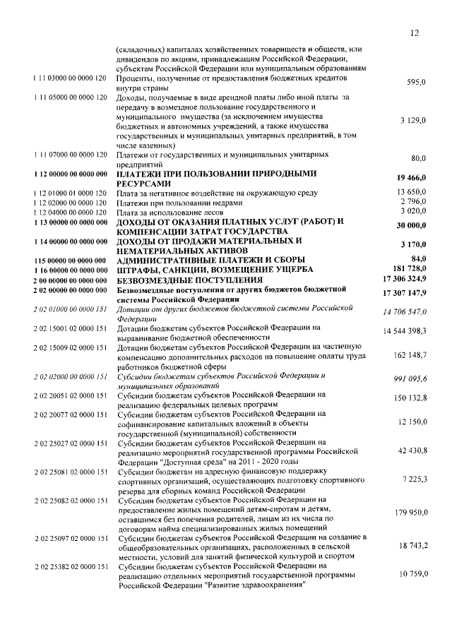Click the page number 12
[414, 32]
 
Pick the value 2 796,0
[414, 203]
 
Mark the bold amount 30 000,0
[412, 225]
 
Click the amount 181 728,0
[409, 269]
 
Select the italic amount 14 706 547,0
[405, 311]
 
